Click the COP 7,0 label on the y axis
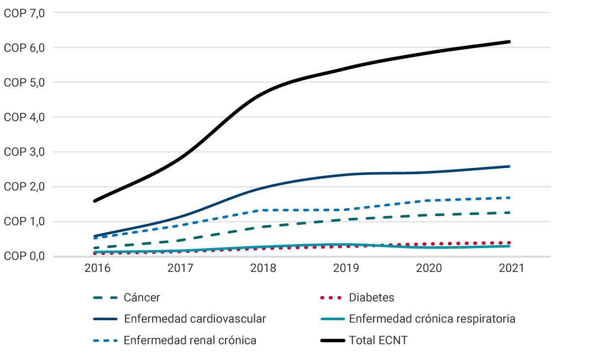point(24,13)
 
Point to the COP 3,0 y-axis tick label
point(24,152)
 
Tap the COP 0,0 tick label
point(24,256)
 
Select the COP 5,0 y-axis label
point(24,83)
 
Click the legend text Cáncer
point(142,298)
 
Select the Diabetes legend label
point(372,298)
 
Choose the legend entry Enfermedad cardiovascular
point(195,319)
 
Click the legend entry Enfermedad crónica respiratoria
point(432,319)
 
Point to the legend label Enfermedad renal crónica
point(190,341)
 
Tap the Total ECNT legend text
point(378,341)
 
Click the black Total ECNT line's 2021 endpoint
point(509,42)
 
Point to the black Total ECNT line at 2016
point(94,201)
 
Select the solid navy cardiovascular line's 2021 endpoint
point(509,166)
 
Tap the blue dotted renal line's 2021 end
point(509,198)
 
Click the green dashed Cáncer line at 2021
point(509,213)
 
